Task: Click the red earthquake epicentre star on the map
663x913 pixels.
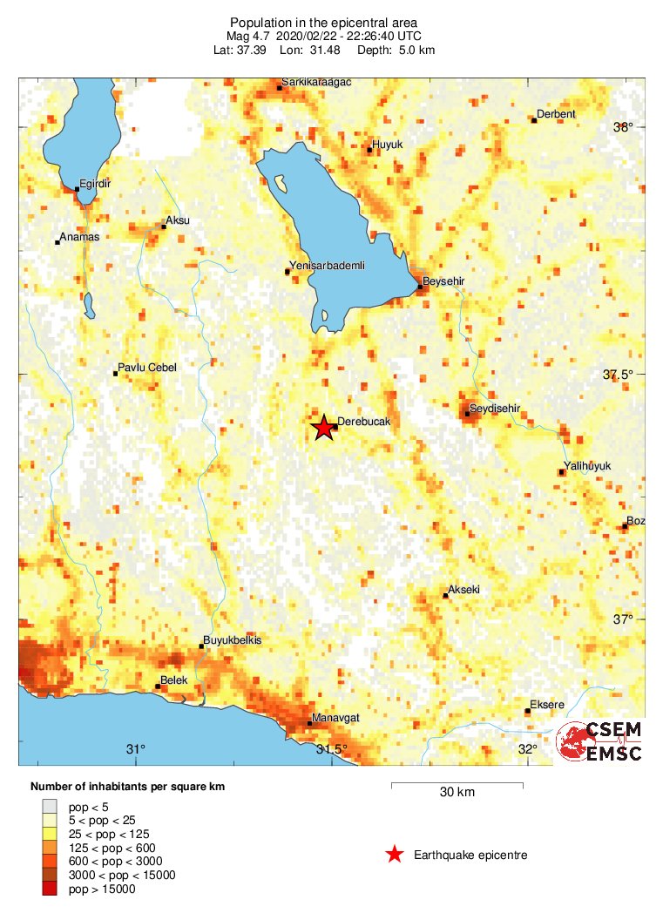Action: pyautogui.click(x=323, y=428)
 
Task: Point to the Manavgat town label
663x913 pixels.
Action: pyautogui.click(x=337, y=717)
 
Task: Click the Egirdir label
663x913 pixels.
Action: pyautogui.click(x=95, y=183)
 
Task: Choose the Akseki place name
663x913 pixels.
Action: pyautogui.click(x=463, y=589)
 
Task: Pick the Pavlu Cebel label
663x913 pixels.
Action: pyautogui.click(x=147, y=368)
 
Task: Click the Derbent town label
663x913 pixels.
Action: pyautogui.click(x=557, y=114)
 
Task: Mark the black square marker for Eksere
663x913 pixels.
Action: pyautogui.click(x=527, y=711)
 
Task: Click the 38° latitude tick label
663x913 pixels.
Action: pyautogui.click(x=623, y=127)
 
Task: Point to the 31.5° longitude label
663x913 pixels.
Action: pyautogui.click(x=332, y=750)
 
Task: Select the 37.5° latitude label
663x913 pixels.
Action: pyautogui.click(x=619, y=375)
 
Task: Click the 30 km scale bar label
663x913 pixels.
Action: pyautogui.click(x=457, y=792)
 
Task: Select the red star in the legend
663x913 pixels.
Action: pyautogui.click(x=395, y=855)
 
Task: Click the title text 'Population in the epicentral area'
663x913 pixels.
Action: pyautogui.click(x=323, y=22)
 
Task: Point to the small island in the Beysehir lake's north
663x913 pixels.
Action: pyautogui.click(x=281, y=184)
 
